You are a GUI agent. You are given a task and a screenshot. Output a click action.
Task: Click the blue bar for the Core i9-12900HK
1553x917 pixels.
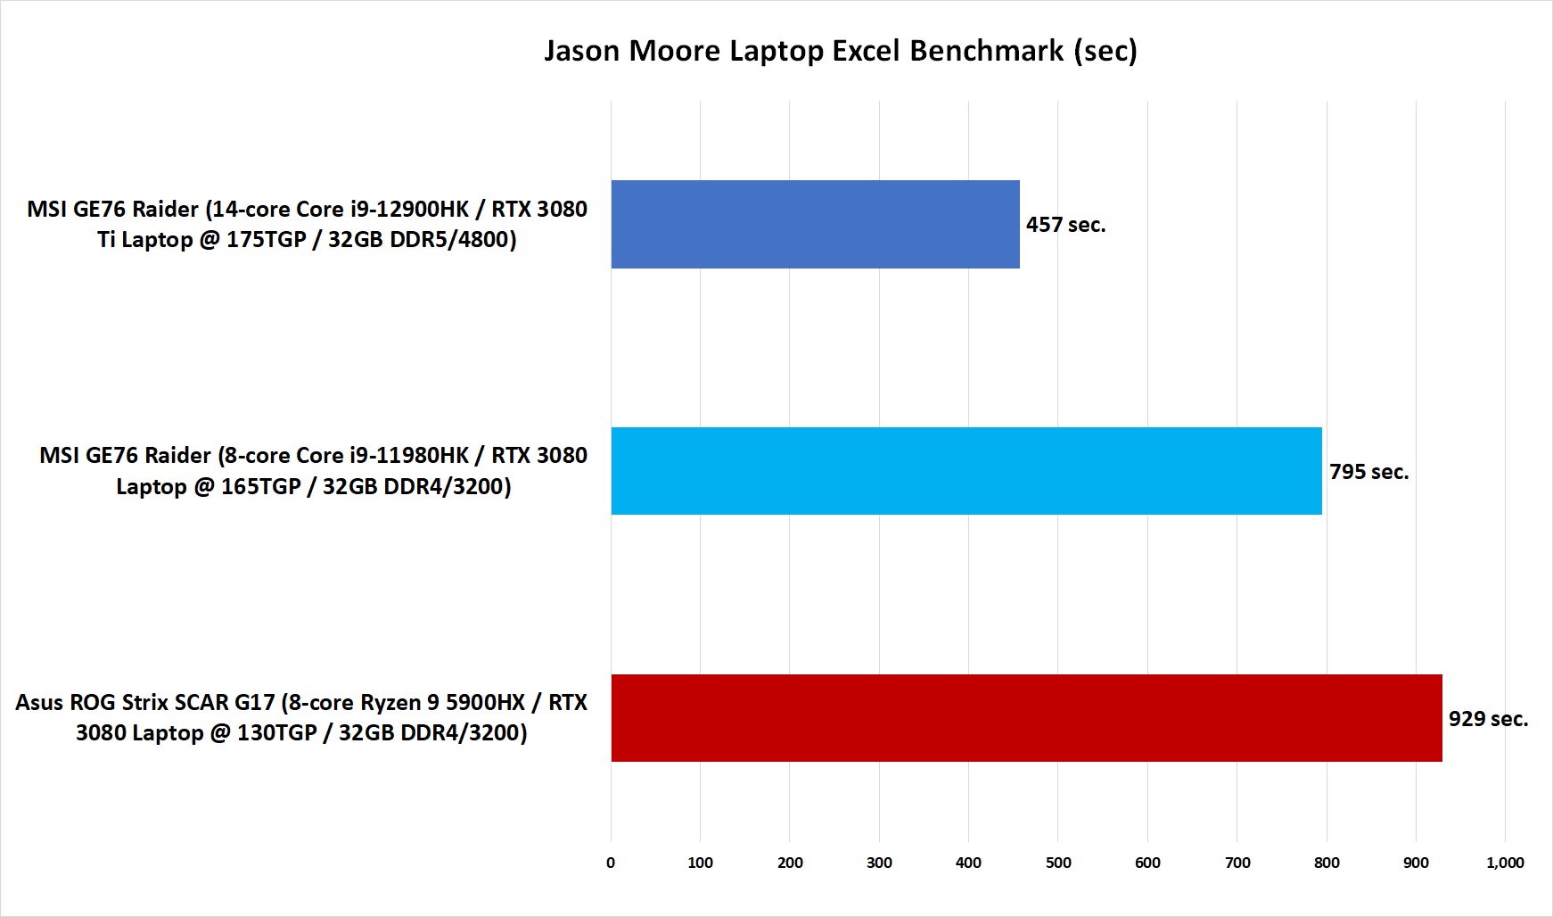click(815, 224)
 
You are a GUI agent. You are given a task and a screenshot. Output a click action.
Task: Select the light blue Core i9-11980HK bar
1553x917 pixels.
click(965, 471)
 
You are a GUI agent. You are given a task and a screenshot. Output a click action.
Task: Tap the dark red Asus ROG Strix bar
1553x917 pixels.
click(1026, 718)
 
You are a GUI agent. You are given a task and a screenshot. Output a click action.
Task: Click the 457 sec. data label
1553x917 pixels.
click(1065, 225)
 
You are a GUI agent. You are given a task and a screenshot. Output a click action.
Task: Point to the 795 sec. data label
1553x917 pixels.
click(1368, 472)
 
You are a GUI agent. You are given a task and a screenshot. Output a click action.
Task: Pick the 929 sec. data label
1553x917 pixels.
click(1488, 719)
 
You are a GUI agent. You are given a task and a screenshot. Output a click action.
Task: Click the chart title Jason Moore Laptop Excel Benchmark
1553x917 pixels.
click(840, 51)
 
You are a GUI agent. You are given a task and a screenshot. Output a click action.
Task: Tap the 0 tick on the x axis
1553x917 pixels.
click(611, 863)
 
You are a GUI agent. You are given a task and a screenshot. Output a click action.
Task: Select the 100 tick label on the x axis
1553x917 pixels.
click(700, 863)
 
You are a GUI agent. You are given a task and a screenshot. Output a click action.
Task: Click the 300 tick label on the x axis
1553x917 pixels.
click(879, 863)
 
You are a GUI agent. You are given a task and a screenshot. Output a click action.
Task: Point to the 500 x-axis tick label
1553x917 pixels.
click(1058, 863)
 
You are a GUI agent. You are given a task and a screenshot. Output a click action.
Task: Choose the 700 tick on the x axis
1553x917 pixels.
click(1237, 863)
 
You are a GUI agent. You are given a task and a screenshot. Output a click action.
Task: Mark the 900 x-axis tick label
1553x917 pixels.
click(1416, 863)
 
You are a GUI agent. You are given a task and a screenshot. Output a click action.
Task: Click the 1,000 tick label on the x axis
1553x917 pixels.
click(1505, 863)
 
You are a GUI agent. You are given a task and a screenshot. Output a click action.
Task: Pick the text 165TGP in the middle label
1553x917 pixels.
click(260, 487)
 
